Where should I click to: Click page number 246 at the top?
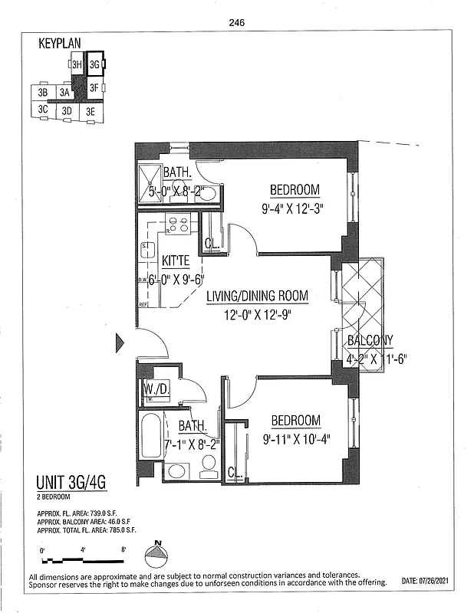[236, 23]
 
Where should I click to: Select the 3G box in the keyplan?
[94, 65]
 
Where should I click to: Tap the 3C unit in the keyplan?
[43, 110]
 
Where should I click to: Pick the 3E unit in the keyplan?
[91, 111]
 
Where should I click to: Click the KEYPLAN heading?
[60, 44]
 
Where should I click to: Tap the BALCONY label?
[370, 340]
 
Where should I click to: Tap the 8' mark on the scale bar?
[123, 548]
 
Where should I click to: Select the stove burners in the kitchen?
[179, 225]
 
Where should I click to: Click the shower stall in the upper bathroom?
[150, 185]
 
